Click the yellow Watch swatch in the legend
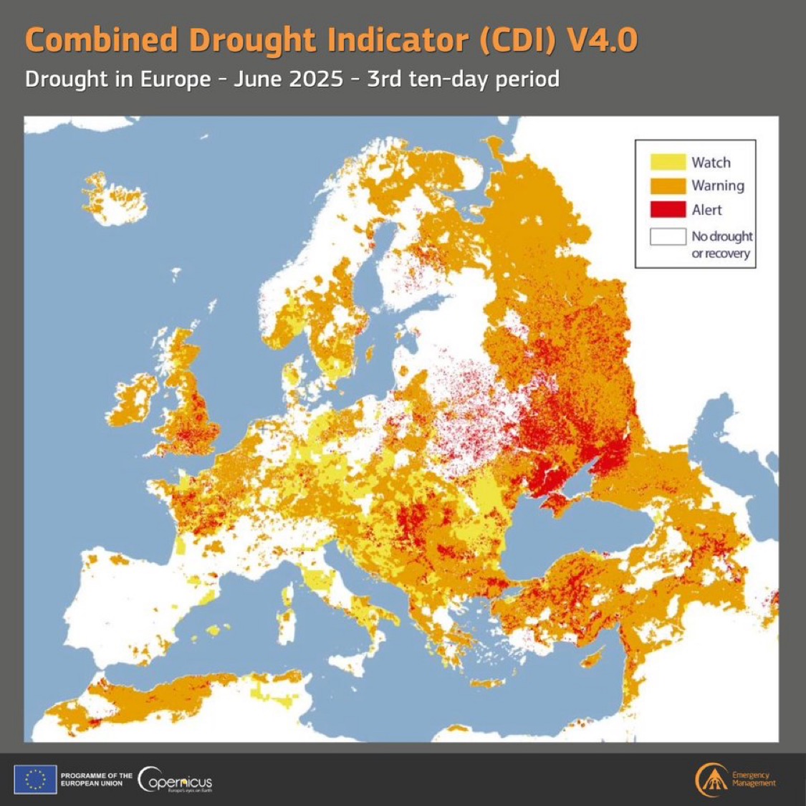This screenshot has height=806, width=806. tap(668, 162)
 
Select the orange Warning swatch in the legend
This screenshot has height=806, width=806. tap(668, 186)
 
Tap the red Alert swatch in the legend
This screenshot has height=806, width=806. tap(668, 209)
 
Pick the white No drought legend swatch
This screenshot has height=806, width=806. tap(668, 236)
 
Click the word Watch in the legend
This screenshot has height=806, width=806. tap(711, 163)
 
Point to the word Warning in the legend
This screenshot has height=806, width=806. tap(717, 186)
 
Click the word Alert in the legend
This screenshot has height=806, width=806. tap(706, 210)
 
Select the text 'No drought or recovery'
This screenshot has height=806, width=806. tap(721, 244)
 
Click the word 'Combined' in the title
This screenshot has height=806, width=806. tap(101, 40)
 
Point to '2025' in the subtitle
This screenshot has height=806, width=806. tap(316, 78)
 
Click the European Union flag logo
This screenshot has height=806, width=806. tap(35, 779)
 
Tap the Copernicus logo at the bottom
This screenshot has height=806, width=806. tap(175, 780)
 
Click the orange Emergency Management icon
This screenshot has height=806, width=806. tap(710, 779)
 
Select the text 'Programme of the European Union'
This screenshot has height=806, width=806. tap(96, 779)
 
